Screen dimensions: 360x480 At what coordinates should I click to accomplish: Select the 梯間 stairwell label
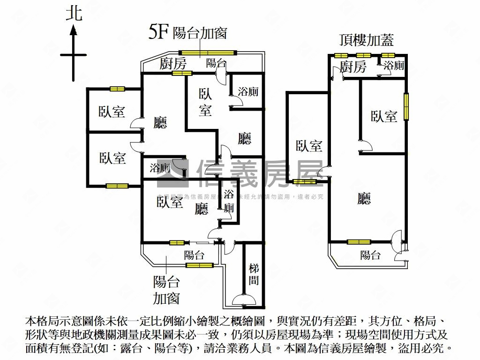254,274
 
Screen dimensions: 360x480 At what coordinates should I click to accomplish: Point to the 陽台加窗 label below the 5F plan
166,290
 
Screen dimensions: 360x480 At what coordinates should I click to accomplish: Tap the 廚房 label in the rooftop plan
353,67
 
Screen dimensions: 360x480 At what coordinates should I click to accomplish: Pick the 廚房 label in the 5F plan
173,63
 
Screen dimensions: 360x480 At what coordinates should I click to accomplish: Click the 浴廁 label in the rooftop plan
394,66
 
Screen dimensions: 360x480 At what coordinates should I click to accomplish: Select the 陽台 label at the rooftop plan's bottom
370,255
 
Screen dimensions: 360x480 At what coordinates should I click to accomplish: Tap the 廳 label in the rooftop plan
364,199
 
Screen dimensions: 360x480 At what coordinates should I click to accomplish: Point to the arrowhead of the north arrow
74,31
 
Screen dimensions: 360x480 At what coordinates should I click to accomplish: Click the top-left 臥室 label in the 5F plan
112,112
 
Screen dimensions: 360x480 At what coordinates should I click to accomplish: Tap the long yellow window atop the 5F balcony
207,52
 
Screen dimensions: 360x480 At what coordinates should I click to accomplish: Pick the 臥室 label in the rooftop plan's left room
309,146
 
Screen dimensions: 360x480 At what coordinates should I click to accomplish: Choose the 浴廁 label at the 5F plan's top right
248,92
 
